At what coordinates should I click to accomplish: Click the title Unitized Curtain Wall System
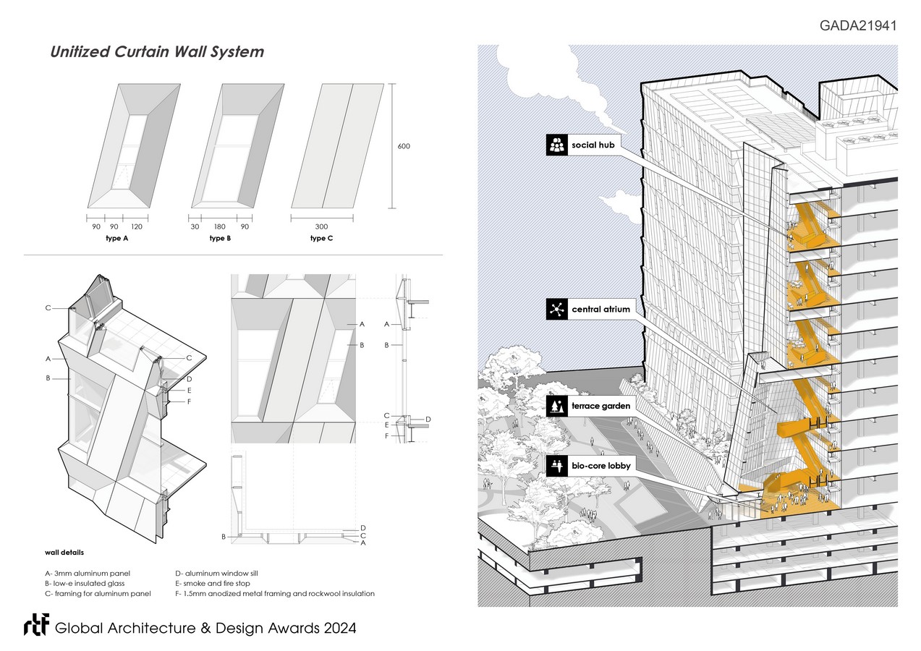point(157,52)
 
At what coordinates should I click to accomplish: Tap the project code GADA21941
point(858,26)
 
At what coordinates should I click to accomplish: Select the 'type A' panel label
point(117,238)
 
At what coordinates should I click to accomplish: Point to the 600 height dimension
point(404,146)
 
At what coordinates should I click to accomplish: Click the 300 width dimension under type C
point(321,227)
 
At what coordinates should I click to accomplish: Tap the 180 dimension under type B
point(220,227)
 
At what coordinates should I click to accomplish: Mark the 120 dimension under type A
point(137,227)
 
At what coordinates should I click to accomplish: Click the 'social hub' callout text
point(594,145)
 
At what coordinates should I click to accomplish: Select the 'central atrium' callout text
point(600,310)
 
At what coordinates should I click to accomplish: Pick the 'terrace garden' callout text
point(600,406)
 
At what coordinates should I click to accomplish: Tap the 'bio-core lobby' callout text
point(600,466)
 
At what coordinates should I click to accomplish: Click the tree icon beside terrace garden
point(556,406)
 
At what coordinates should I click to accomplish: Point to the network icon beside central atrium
point(556,310)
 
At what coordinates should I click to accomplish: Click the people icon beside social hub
point(556,145)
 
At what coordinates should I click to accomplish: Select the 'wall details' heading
point(64,553)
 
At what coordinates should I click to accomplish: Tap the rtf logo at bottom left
point(35,627)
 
